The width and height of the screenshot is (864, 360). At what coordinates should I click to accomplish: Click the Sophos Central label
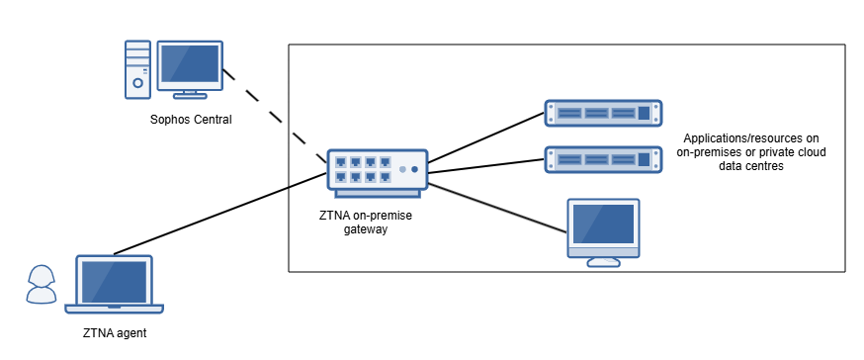(191, 120)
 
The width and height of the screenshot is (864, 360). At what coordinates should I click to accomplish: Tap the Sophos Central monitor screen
(190, 65)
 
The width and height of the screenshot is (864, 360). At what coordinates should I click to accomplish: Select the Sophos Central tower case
(137, 69)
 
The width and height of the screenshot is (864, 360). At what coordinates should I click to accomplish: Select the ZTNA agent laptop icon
(115, 286)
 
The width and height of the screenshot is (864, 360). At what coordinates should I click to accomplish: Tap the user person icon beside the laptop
(41, 285)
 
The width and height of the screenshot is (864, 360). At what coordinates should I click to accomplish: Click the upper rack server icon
(603, 113)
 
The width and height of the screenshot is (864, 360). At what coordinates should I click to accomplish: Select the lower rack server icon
(603, 158)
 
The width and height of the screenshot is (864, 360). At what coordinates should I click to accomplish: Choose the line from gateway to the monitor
(494, 202)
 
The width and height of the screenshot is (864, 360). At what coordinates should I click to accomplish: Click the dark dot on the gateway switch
(414, 169)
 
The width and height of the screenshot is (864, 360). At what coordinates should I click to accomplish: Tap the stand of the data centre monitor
(603, 261)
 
